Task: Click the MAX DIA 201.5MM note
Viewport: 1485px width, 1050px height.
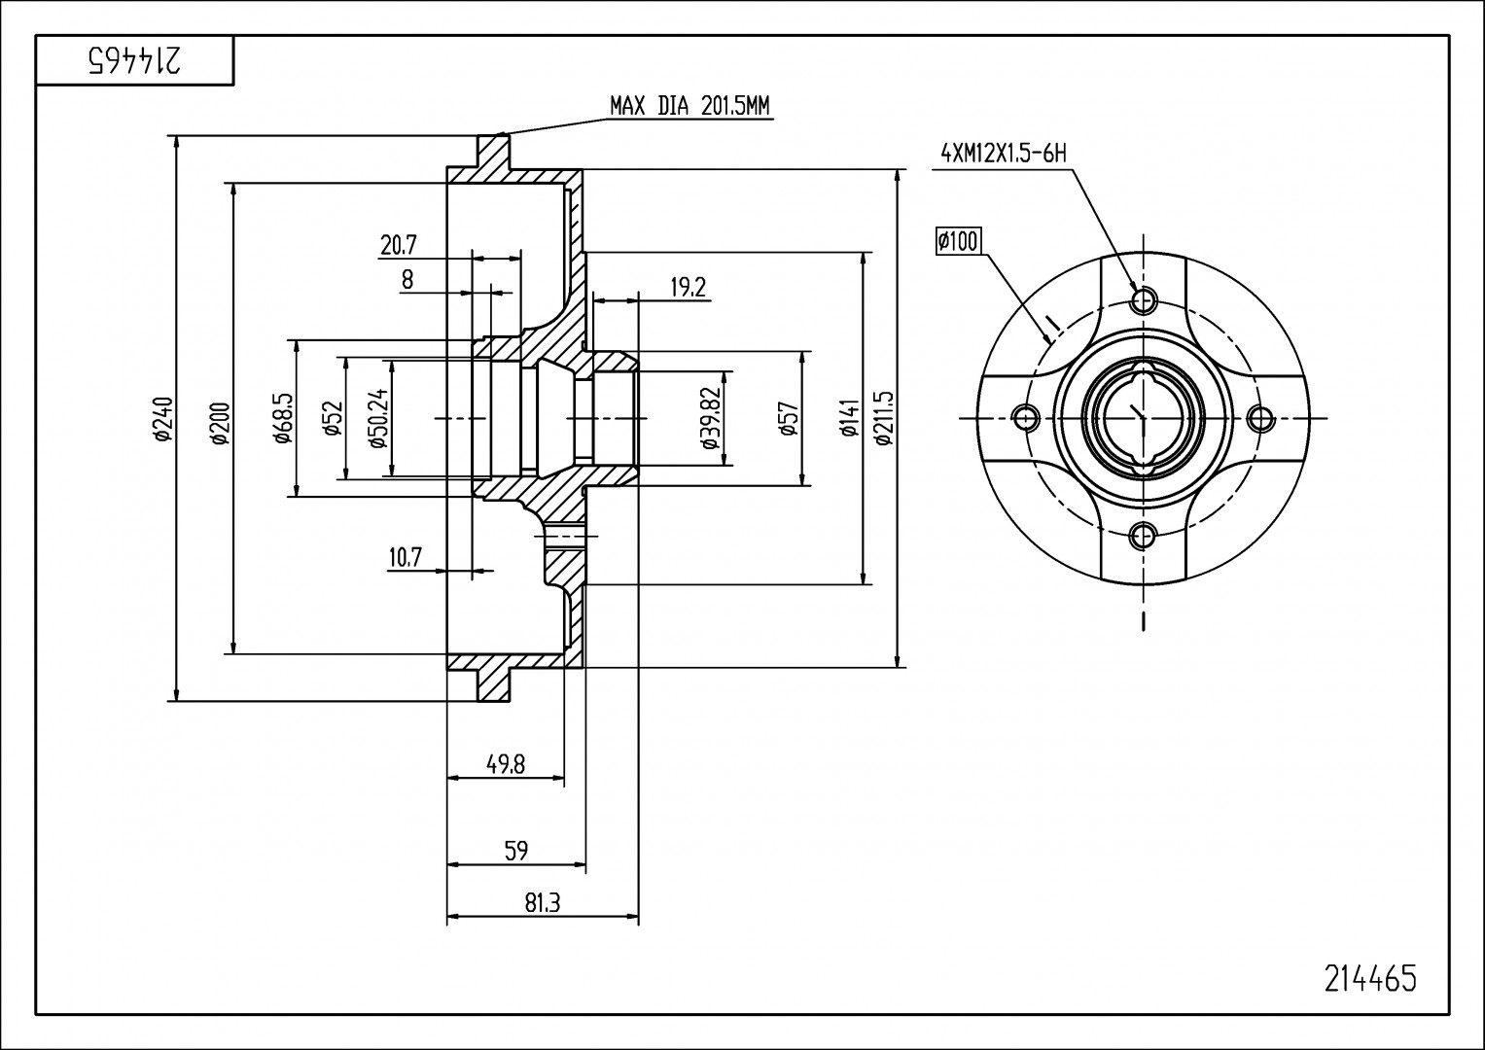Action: (689, 106)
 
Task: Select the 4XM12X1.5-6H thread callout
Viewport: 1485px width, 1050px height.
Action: (1004, 154)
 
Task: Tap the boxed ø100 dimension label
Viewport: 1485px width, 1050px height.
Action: (958, 241)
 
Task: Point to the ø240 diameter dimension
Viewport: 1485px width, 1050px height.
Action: (163, 418)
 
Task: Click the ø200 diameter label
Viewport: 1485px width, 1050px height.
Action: (221, 423)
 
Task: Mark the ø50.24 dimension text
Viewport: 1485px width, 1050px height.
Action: (378, 417)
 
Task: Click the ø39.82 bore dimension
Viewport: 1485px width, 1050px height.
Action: (710, 418)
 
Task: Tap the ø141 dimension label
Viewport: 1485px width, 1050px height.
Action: (849, 418)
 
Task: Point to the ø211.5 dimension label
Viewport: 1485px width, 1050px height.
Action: (884, 418)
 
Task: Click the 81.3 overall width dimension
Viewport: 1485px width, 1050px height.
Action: (543, 902)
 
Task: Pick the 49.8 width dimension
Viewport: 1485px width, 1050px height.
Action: (505, 764)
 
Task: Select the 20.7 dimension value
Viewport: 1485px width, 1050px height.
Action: (398, 245)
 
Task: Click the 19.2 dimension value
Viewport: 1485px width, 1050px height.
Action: (689, 287)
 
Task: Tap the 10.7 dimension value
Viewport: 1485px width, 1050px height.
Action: (406, 557)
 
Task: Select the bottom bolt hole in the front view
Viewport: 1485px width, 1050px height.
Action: (1143, 536)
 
